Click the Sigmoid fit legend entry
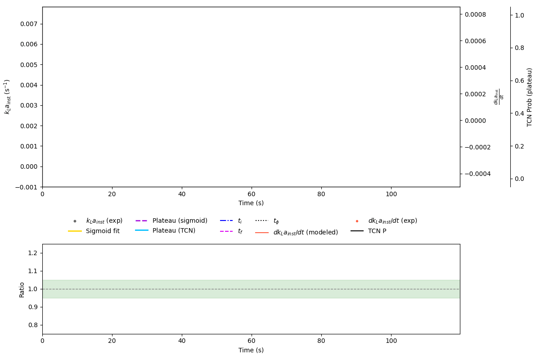point(103,231)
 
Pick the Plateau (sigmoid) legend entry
point(180,221)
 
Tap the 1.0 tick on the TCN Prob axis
point(519,15)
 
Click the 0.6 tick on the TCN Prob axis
point(519,81)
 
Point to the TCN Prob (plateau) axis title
point(530,97)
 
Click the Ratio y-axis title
point(22,289)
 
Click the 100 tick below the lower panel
point(391,341)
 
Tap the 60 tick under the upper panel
point(252,194)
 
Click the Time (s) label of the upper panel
point(251,203)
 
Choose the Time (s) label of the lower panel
point(251,350)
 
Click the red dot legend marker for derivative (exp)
point(357,221)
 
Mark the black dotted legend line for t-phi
point(262,221)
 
